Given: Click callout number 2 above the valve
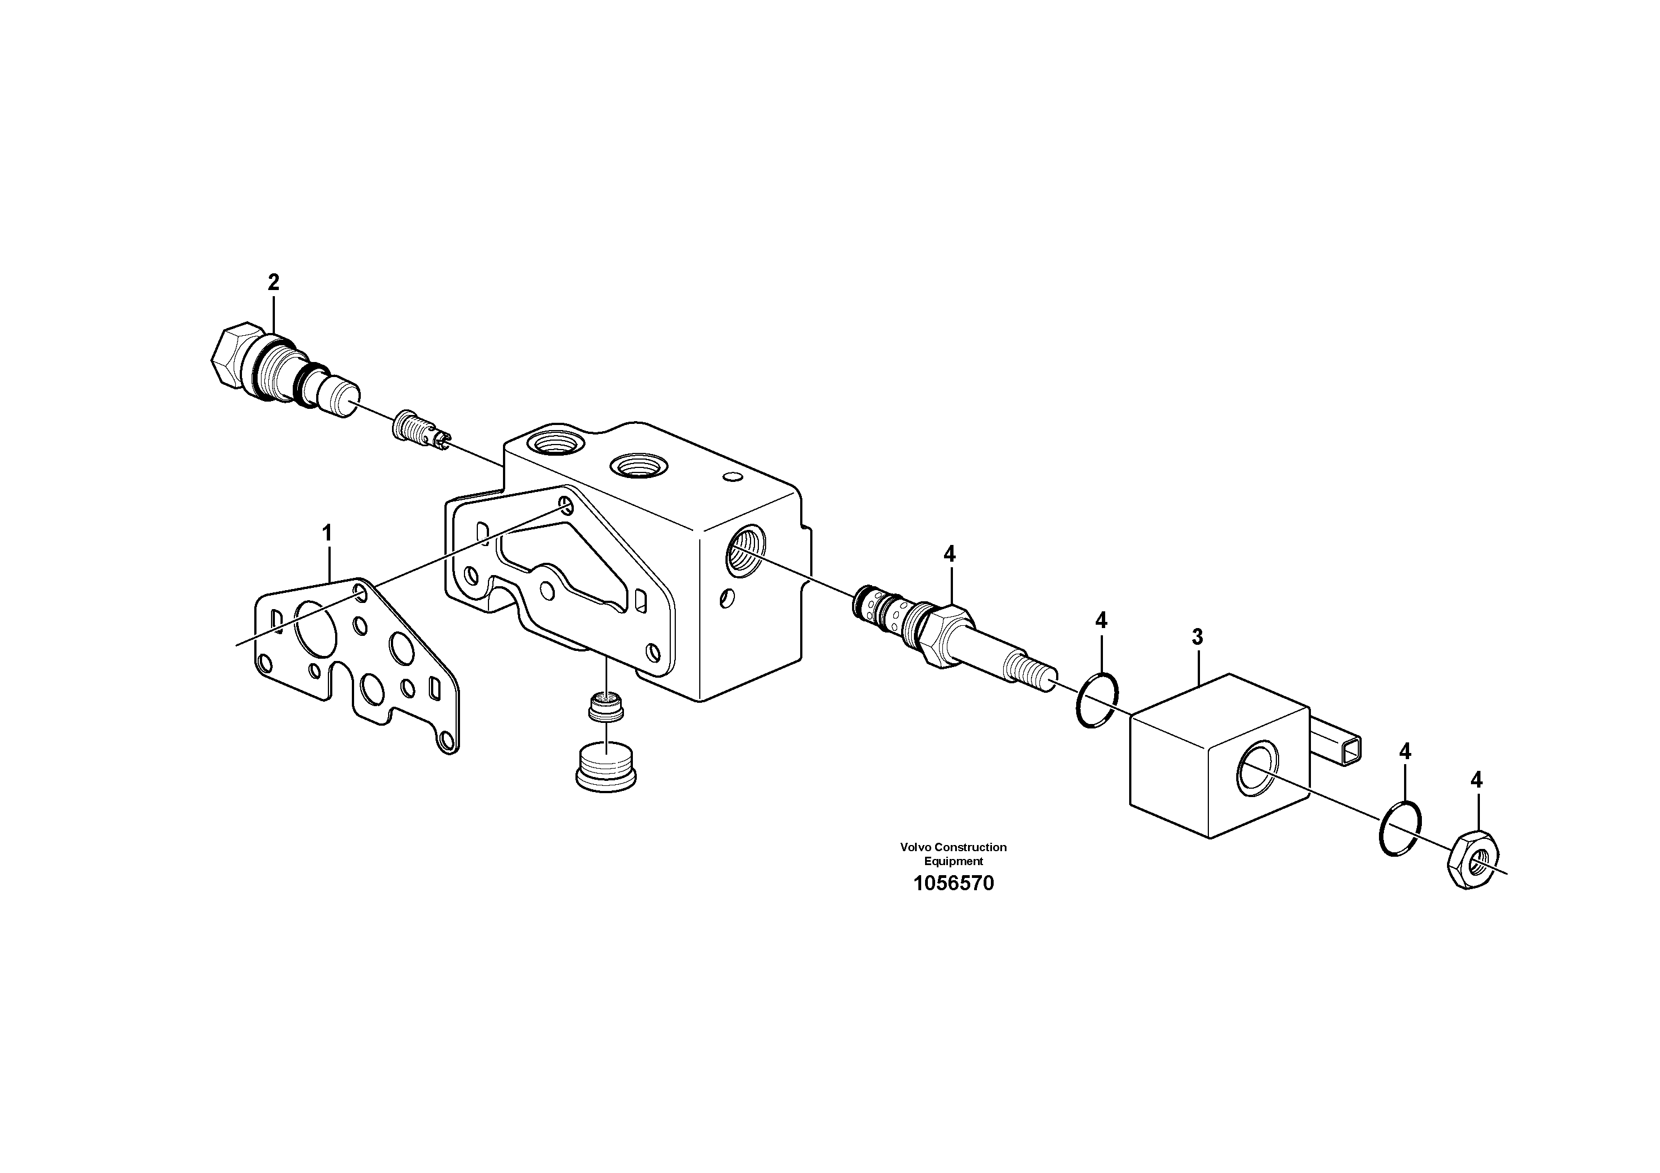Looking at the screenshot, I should (273, 283).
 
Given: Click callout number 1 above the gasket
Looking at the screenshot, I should (327, 534).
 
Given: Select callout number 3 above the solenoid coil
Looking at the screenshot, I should (1197, 637).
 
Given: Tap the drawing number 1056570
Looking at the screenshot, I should (954, 884).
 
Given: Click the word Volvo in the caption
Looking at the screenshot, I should (913, 847).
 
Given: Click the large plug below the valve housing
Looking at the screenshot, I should (606, 768).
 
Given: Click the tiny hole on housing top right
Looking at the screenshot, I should (732, 477).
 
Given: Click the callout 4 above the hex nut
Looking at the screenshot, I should (1477, 780).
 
